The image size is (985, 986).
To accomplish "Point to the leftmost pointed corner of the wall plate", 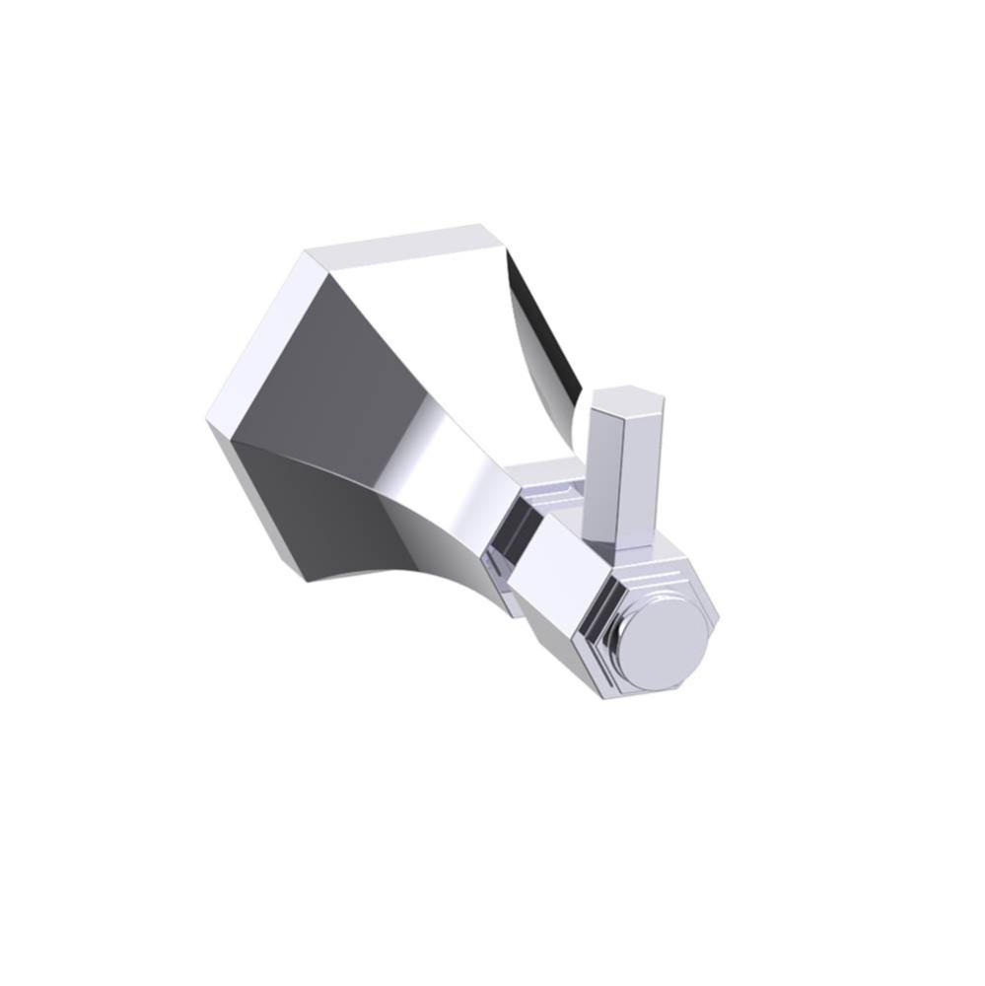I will point(209,424).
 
